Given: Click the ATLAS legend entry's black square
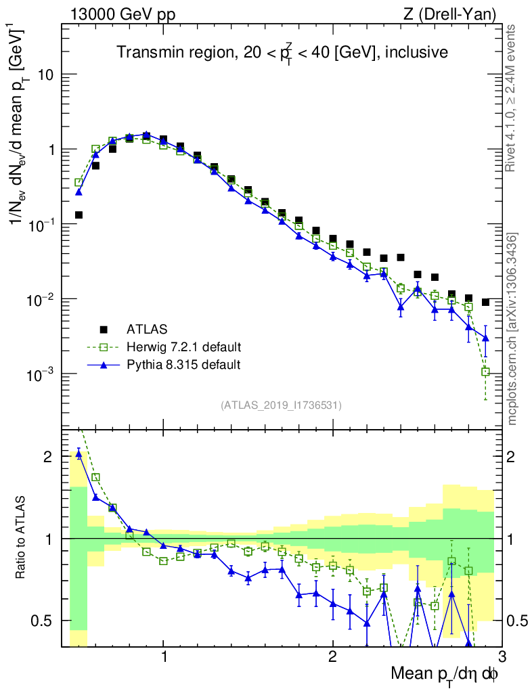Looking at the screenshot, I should click(104, 330).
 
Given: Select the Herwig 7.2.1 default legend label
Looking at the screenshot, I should click(184, 347).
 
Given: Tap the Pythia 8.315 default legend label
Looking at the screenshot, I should click(183, 365).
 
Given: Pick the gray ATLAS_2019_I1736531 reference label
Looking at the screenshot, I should click(281, 405).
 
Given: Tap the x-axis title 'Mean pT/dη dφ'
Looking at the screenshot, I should click(445, 673).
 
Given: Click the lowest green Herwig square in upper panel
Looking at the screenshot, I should click(485, 372).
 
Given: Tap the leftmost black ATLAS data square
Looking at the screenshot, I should click(79, 215).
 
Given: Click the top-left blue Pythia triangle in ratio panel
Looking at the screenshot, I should click(79, 454).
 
